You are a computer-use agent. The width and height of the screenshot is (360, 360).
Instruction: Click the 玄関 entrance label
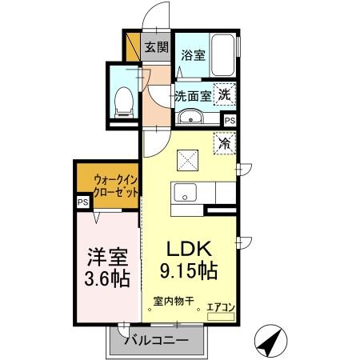tap(157, 47)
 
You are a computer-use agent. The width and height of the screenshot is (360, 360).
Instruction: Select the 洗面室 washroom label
tap(193, 96)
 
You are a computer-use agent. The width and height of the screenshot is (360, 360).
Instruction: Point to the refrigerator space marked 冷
tap(224, 145)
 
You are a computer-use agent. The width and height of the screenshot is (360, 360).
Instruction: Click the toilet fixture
tap(125, 101)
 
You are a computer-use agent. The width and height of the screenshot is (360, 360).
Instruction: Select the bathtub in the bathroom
tap(223, 55)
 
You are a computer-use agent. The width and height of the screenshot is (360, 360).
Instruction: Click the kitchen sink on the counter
tap(186, 193)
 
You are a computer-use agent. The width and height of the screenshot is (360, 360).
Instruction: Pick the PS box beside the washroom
tap(230, 120)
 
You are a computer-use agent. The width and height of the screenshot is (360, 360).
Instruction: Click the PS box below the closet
tap(82, 203)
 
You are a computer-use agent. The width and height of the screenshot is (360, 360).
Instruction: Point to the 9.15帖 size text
tap(191, 270)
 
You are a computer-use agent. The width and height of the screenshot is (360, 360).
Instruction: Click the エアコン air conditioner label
tap(219, 305)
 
